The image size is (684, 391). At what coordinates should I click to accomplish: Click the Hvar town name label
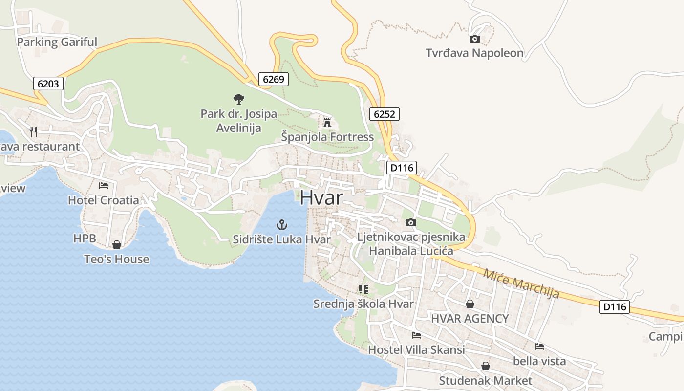(321, 197)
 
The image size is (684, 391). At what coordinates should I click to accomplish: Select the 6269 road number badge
(274, 79)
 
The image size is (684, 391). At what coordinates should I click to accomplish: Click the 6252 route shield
(385, 114)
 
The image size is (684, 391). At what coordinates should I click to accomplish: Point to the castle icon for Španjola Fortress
(327, 122)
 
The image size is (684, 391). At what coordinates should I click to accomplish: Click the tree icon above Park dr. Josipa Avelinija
(238, 99)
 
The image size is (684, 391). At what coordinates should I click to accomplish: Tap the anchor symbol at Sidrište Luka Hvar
(282, 225)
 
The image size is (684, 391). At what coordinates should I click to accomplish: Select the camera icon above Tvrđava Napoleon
(474, 39)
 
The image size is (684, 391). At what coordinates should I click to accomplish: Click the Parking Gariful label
(57, 42)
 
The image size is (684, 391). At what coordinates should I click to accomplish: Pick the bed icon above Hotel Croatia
(104, 185)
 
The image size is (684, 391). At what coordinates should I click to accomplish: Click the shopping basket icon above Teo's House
(117, 244)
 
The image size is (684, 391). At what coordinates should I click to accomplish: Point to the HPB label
(84, 239)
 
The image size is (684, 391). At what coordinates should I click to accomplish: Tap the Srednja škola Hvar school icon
(363, 289)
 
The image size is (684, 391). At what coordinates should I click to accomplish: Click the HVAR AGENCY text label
(470, 319)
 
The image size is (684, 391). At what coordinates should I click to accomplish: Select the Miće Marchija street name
(521, 283)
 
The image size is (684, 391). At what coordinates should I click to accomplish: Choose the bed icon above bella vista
(539, 347)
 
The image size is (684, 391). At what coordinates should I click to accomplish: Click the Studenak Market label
(485, 380)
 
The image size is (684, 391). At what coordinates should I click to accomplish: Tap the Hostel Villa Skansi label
(416, 350)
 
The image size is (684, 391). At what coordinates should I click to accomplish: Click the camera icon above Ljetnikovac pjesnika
(411, 223)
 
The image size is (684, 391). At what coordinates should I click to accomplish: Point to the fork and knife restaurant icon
(33, 131)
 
